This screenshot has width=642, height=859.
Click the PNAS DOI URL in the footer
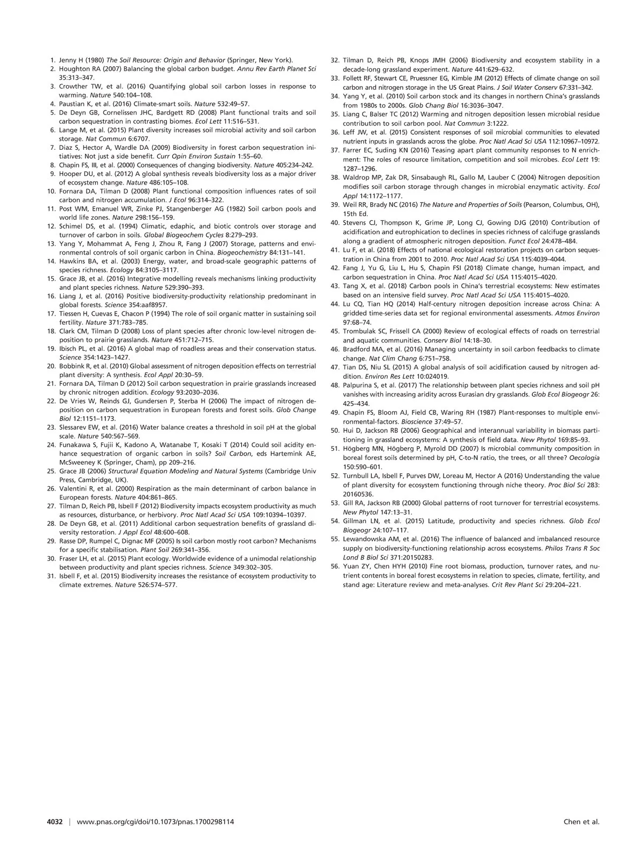coord(156,822)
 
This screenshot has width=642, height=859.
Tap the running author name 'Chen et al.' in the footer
coord(582,822)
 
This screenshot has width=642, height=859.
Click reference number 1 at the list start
coord(52,60)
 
